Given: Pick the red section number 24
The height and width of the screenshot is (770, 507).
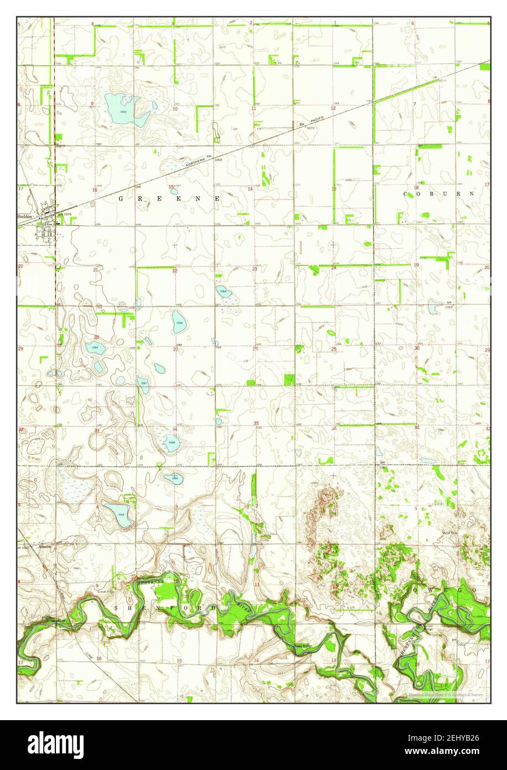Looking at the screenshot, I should [334, 268].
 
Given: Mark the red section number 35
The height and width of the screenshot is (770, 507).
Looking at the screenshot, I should [256, 423].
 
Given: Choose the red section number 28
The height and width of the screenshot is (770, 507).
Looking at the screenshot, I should [96, 337].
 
